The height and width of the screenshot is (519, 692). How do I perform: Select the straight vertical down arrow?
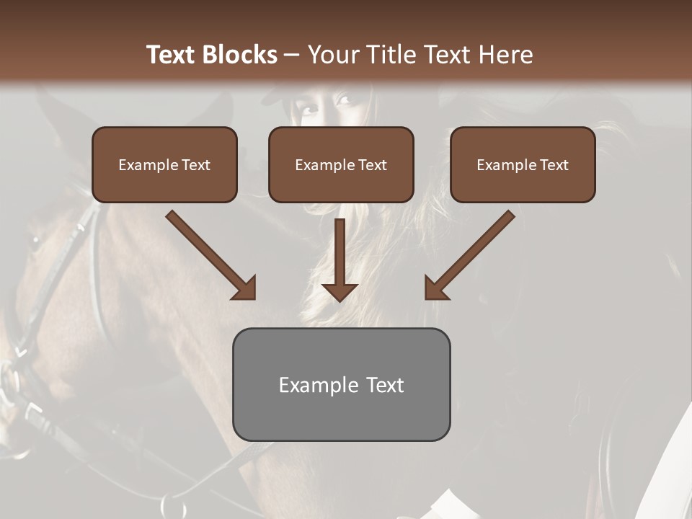[340, 259]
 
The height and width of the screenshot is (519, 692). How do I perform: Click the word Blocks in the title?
[241, 55]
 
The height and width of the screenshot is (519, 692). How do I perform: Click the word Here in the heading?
[505, 55]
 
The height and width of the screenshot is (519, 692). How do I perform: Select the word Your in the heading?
[332, 55]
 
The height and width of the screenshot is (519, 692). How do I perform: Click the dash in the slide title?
[292, 55]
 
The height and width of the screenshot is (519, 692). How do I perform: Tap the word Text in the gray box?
[386, 385]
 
